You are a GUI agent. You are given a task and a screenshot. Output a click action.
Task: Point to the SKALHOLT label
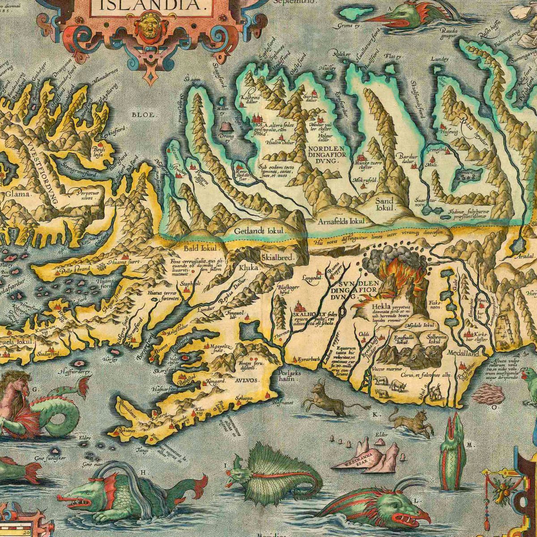303,315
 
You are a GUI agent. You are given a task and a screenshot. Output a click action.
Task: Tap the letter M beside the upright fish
470,445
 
